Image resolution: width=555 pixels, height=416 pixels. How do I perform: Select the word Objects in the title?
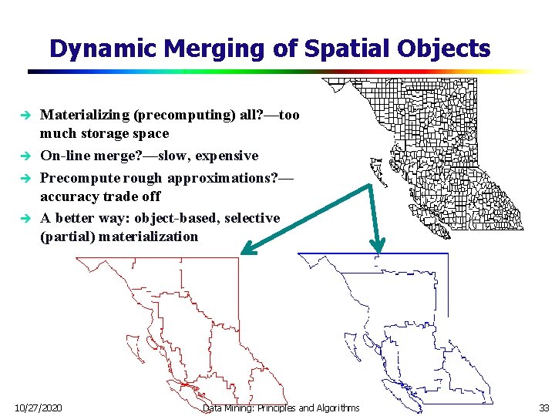coord(448,49)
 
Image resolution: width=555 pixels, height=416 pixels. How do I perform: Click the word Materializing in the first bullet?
coord(84,115)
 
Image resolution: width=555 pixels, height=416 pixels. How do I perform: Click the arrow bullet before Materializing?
coord(25,116)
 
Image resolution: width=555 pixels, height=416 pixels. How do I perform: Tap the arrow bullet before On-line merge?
coord(25,156)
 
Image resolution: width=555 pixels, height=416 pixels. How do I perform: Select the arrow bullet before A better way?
coord(25,219)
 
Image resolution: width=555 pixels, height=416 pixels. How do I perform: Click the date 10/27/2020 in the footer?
coord(39,407)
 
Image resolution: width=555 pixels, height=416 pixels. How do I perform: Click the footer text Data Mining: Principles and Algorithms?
coord(281,407)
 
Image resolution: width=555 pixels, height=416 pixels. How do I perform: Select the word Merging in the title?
coord(200,49)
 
